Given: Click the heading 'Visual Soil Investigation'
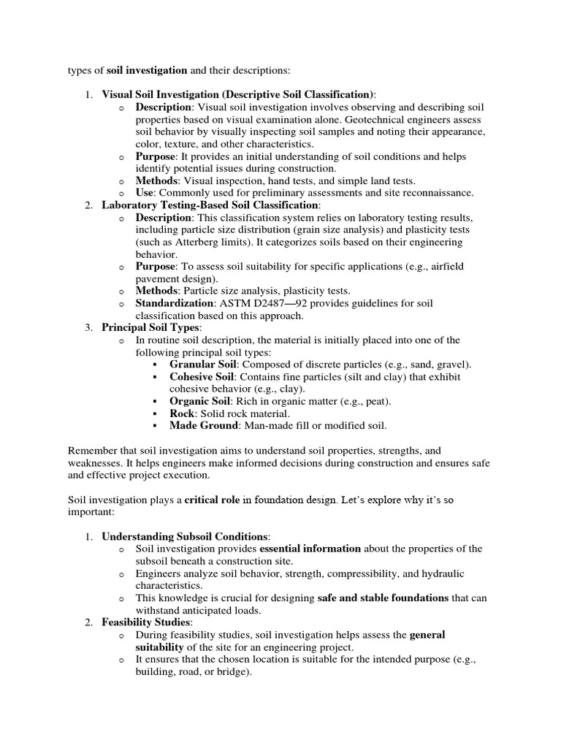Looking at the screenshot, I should pyautogui.click(x=161, y=94).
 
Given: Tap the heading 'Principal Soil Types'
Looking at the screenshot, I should pyautogui.click(x=149, y=328).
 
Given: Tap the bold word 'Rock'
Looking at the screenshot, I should pyautogui.click(x=183, y=413).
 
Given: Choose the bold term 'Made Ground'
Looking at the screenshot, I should pyautogui.click(x=204, y=426).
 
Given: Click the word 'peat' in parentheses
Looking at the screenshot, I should pyautogui.click(x=378, y=402).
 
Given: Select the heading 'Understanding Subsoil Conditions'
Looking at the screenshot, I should pyautogui.click(x=186, y=537).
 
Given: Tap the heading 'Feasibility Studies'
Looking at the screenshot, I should pyautogui.click(x=147, y=622).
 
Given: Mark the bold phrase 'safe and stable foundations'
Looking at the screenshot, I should pyautogui.click(x=383, y=598).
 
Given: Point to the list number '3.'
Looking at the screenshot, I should pyautogui.click(x=88, y=328).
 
